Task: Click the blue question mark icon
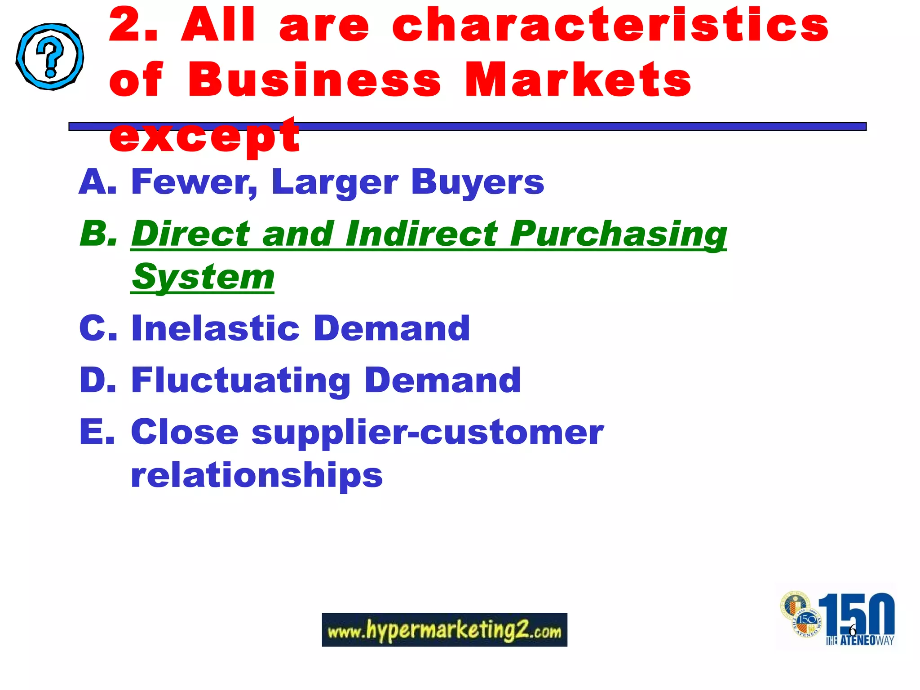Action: (x=50, y=57)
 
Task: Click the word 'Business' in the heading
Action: (x=314, y=80)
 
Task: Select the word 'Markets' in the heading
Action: (x=578, y=80)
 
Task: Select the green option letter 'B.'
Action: (x=98, y=234)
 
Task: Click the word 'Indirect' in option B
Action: (x=421, y=234)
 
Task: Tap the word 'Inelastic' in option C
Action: (x=215, y=328)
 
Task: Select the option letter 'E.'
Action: (x=97, y=432)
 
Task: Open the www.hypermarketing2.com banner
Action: (x=444, y=630)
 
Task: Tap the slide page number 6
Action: (x=852, y=630)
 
